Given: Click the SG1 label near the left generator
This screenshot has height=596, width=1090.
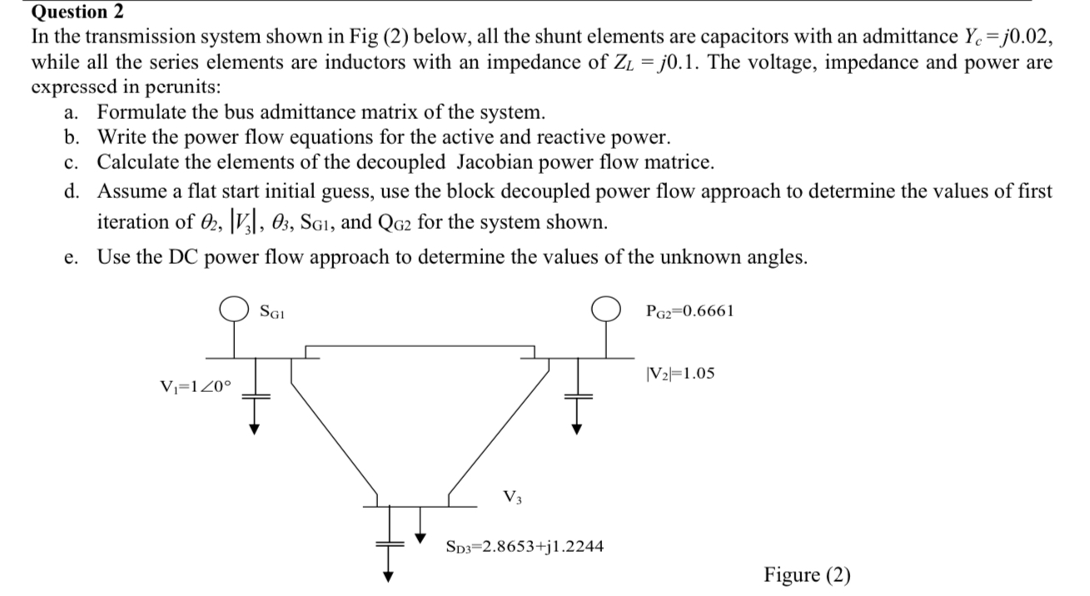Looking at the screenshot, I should coord(275,312).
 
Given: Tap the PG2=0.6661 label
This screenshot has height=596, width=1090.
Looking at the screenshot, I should coord(689,311).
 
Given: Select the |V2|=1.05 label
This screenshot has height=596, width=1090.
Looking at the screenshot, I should coord(679,373).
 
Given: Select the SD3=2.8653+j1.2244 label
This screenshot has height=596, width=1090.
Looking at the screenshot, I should coord(525,547).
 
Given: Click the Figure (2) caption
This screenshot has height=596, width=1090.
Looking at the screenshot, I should coord(807,575).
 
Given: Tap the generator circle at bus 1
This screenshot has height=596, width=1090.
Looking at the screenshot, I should coord(233,310).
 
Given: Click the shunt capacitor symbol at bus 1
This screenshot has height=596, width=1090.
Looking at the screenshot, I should coord(257,397).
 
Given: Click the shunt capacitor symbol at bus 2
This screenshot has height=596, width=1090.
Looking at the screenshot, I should coord(574,397).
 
